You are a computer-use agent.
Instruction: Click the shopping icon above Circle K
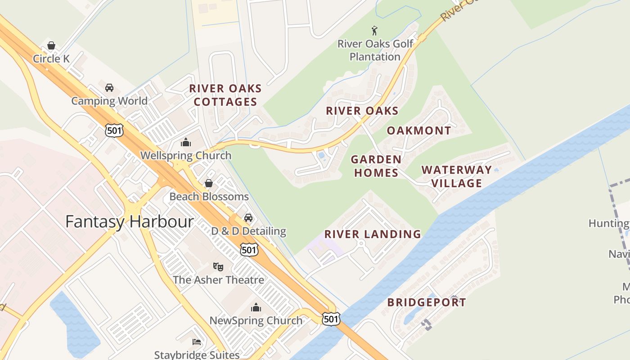(x=51, y=45)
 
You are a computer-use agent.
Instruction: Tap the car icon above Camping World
(x=109, y=87)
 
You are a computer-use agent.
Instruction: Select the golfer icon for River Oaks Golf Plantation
(x=374, y=31)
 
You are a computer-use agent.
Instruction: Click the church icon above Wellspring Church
(x=185, y=143)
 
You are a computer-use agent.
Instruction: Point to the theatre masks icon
(x=218, y=266)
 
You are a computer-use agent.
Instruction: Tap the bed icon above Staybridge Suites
(x=197, y=342)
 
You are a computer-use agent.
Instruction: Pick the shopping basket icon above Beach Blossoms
(x=209, y=183)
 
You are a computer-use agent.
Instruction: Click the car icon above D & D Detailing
(x=248, y=218)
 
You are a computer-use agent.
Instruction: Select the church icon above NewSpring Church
(x=256, y=307)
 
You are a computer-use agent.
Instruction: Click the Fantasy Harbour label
(x=130, y=221)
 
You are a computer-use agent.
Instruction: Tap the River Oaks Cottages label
(x=225, y=95)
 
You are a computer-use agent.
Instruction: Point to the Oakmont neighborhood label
(x=419, y=130)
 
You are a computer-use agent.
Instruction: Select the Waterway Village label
(x=456, y=176)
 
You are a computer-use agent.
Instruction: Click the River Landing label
(x=373, y=234)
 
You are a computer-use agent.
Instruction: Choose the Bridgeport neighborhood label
(x=427, y=302)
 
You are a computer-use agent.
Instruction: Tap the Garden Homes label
(x=376, y=166)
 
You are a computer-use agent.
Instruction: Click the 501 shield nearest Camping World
(x=114, y=130)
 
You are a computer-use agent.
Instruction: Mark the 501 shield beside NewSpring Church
(x=331, y=319)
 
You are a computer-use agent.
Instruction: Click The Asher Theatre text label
(x=218, y=280)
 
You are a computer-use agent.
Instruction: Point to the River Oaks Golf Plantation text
(x=375, y=50)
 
